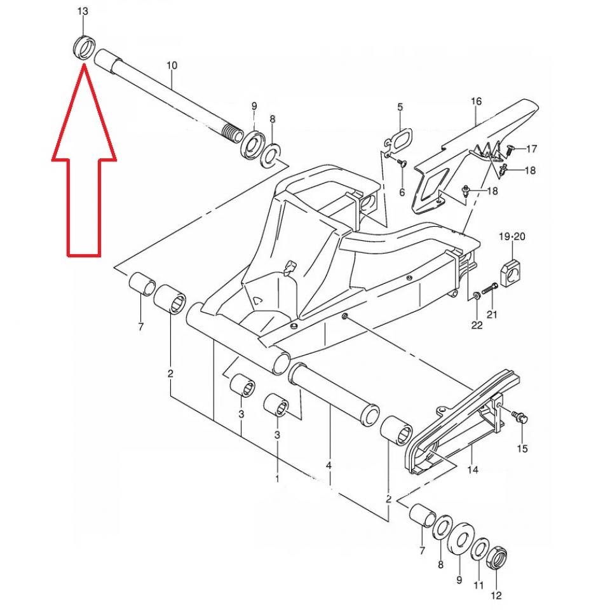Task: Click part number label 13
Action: pyautogui.click(x=83, y=12)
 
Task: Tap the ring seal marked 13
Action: pyautogui.click(x=83, y=48)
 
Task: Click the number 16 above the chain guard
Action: pyautogui.click(x=476, y=101)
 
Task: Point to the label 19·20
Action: pyautogui.click(x=512, y=237)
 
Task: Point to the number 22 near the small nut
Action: pyautogui.click(x=477, y=325)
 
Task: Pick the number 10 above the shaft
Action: pyautogui.click(x=172, y=65)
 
